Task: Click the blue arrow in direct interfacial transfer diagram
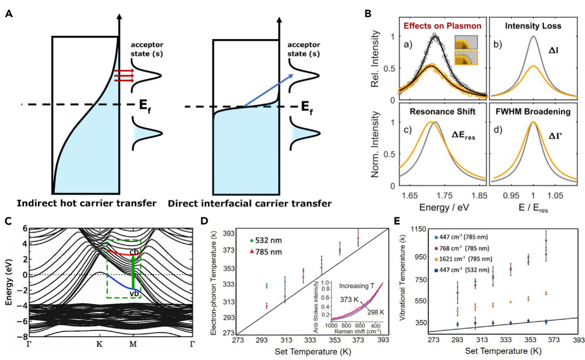(268, 91)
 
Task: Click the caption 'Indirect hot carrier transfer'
(86, 203)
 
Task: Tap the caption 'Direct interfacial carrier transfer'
(250, 203)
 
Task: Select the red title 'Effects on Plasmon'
(442, 26)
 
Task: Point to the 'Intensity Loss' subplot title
(533, 26)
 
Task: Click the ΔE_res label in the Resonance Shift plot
(463, 137)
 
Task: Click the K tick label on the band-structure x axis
(99, 344)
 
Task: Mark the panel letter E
(397, 221)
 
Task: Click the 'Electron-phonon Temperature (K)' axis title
(213, 282)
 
